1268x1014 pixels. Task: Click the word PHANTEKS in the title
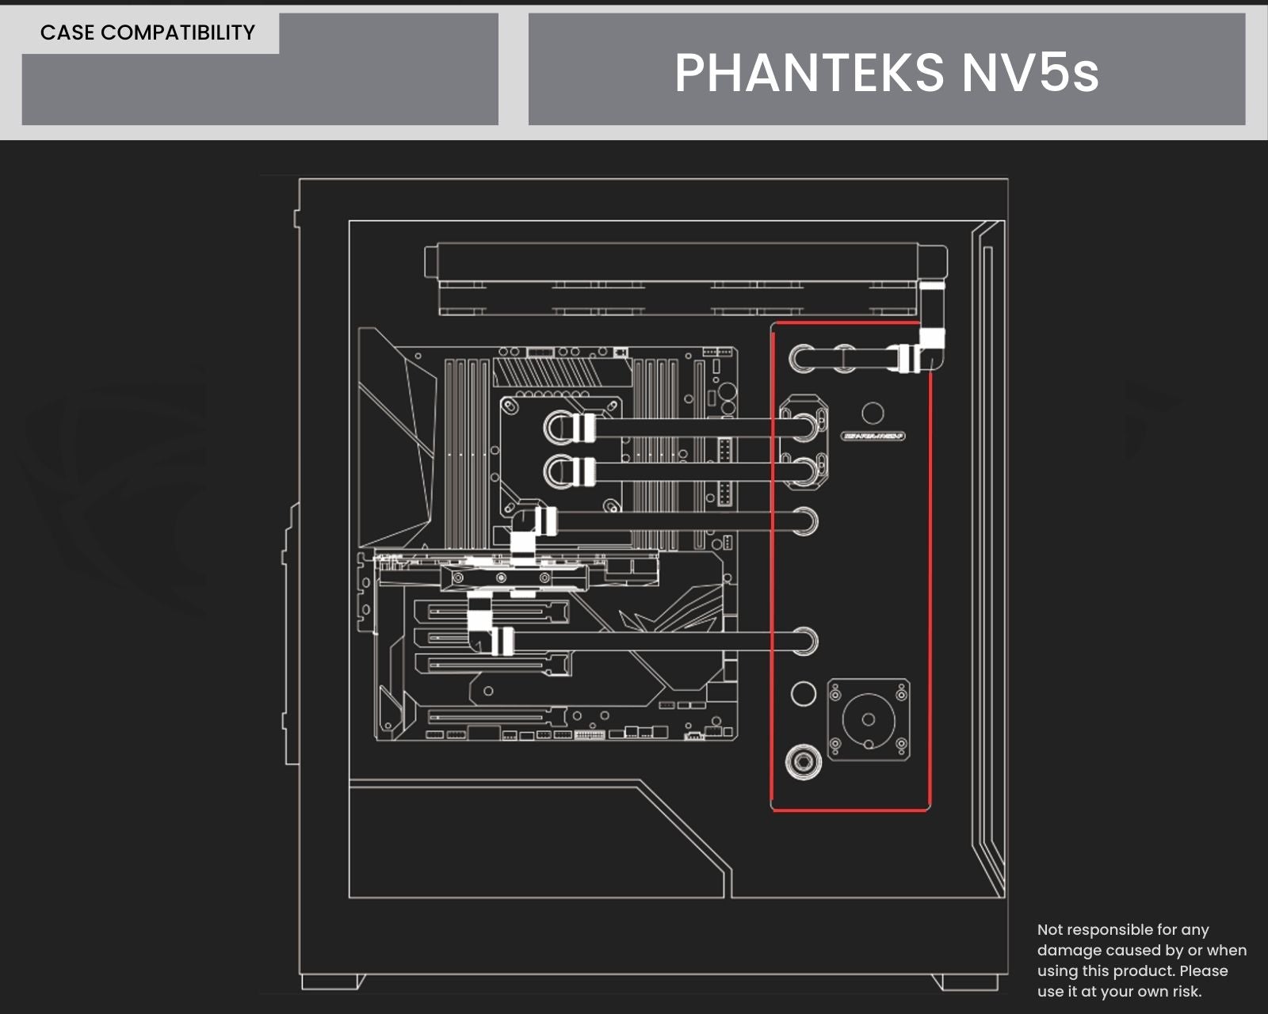809,72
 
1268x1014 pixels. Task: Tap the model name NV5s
1030,72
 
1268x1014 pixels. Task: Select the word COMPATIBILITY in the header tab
178,32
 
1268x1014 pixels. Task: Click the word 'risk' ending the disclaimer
1184,991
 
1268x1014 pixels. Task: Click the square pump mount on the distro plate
869,719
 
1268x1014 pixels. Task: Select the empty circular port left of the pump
803,694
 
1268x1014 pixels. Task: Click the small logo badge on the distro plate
873,436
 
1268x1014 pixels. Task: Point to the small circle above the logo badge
873,413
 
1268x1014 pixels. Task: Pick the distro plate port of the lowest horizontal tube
803,640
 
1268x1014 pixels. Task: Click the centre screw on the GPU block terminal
501,579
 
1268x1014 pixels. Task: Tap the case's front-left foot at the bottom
333,982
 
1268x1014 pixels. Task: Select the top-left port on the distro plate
803,358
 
